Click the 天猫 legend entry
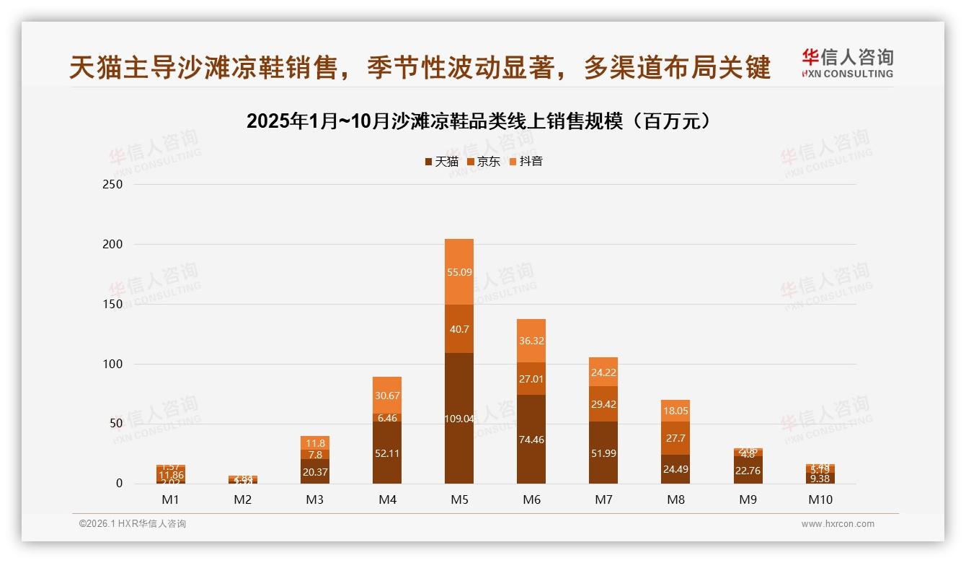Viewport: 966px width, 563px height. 441,162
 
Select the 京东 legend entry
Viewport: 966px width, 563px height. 483,162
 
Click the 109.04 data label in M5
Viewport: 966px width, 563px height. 459,418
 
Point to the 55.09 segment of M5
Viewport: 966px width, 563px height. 459,272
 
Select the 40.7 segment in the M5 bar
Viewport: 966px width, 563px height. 459,329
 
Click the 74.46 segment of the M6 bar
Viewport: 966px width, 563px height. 531,439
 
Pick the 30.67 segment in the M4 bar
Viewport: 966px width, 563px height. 387,395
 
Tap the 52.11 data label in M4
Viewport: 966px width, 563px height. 387,453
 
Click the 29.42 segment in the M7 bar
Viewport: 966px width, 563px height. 603,404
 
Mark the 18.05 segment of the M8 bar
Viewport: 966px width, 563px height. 675,410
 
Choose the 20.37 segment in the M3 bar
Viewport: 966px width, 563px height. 315,472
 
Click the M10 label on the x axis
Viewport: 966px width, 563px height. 820,499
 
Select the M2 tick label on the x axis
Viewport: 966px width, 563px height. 243,499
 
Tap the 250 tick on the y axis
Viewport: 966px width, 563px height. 114,185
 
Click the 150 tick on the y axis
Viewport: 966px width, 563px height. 114,305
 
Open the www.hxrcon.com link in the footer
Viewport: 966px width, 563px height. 838,524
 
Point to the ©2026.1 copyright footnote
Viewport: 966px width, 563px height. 133,524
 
